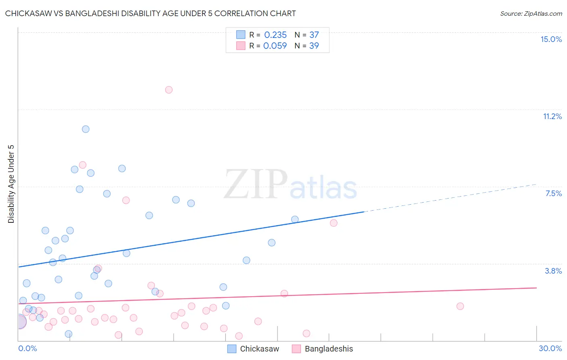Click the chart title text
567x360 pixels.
pos(150,13)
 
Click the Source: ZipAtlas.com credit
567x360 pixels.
pos(531,13)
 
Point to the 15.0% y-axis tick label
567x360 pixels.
pos(551,39)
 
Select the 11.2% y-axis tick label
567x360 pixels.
pos(552,116)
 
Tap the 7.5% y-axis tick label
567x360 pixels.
pos(553,193)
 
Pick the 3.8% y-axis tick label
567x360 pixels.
pos(553,271)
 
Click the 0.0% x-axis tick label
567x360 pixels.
pos(27,348)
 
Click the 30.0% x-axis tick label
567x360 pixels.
pos(550,348)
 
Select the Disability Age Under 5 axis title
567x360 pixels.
pos(11,184)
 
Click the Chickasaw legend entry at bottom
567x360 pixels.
pos(254,349)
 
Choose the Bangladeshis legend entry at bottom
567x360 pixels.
pos(322,349)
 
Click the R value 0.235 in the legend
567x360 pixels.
pos(275,35)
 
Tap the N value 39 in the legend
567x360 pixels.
pos(314,46)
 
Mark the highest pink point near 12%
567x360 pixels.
pos(169,90)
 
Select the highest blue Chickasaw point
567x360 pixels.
pos(85,129)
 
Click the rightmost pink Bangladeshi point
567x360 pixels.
pos(460,306)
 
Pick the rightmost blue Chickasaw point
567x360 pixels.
pos(295,219)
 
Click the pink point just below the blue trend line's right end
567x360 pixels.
pos(334,223)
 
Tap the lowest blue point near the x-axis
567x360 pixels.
pos(69,334)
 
